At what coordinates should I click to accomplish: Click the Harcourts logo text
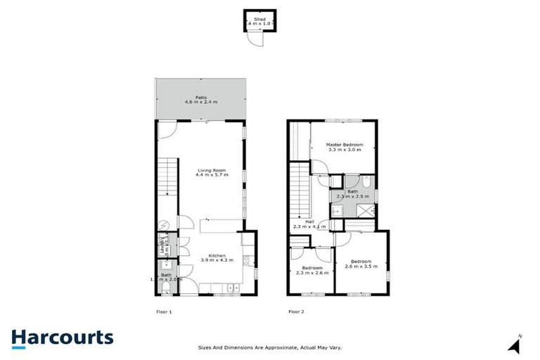62,337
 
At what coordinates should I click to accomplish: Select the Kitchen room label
212,257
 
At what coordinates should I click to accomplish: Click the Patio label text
201,100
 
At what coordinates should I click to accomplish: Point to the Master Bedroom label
344,147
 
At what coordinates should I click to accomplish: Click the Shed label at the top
260,21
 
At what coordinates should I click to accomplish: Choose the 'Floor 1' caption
164,311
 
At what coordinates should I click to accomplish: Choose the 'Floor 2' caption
296,311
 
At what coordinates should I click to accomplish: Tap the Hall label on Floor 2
309,224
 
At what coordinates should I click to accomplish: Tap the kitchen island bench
219,225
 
